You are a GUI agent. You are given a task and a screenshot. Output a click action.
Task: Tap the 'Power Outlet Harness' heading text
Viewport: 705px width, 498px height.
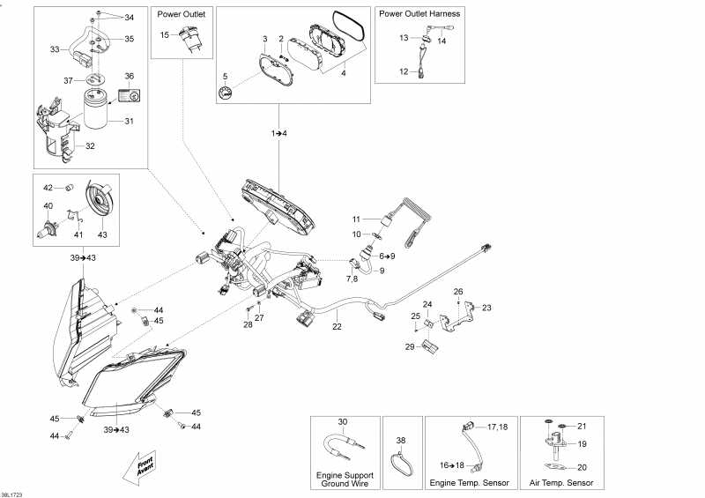point(419,14)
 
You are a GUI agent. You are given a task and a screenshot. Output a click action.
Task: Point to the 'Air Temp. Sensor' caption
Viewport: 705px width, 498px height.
point(562,483)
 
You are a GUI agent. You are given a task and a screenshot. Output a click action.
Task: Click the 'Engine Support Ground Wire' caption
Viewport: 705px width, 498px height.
point(345,479)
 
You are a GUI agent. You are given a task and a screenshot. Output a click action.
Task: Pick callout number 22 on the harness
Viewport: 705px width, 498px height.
point(337,327)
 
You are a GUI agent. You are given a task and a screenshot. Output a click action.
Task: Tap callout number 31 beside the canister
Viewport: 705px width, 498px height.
point(129,122)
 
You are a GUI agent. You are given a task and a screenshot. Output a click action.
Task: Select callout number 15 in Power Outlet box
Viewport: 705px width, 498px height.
point(165,34)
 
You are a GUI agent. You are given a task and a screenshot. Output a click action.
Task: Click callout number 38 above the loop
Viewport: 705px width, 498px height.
point(401,440)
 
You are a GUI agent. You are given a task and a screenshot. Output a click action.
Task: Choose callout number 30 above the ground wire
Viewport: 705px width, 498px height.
point(344,422)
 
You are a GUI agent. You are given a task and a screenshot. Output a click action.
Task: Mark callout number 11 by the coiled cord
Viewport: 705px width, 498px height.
point(357,219)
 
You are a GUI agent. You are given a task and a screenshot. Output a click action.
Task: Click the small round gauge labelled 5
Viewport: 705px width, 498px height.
point(226,93)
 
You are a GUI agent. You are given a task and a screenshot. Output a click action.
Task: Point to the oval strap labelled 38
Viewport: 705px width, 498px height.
point(402,463)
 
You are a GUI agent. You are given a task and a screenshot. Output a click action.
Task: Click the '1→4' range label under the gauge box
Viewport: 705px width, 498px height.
point(279,133)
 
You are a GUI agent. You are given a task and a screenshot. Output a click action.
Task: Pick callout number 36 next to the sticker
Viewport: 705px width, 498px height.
point(129,76)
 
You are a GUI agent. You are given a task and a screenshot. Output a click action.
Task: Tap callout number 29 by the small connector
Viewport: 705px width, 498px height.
point(409,347)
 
